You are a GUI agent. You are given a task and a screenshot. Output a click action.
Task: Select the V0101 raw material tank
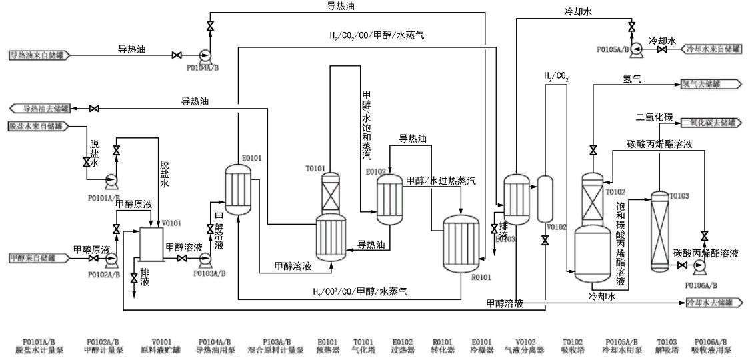[152, 244]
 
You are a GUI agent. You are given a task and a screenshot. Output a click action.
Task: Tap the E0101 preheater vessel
[238, 189]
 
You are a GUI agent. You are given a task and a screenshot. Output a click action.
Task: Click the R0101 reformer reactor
[462, 243]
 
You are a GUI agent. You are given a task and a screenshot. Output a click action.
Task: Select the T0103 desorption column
[659, 230]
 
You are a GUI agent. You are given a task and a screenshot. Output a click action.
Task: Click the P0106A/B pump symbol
[699, 265]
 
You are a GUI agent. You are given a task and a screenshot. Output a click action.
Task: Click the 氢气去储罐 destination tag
[711, 84]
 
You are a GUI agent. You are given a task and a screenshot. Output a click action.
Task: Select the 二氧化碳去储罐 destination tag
[711, 123]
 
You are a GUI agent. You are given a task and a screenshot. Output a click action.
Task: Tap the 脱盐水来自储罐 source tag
[38, 125]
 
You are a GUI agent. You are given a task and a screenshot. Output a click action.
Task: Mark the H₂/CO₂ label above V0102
[557, 78]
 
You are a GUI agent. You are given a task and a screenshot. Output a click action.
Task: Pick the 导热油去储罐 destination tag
[43, 108]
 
